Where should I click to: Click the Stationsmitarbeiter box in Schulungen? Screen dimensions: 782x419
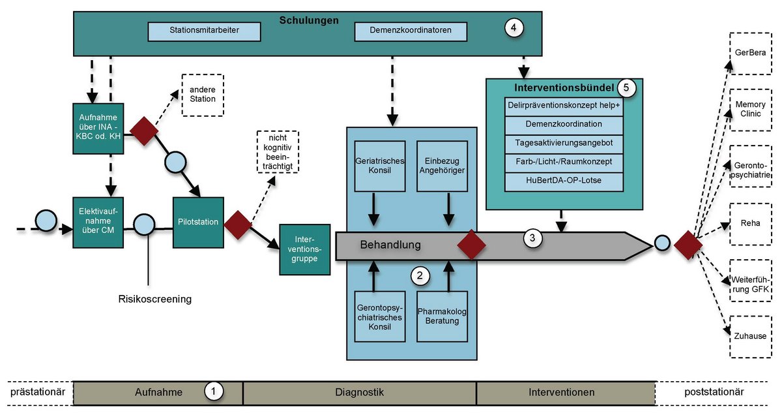204,31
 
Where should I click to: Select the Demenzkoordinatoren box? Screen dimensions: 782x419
411,31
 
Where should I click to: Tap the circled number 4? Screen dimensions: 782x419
514,27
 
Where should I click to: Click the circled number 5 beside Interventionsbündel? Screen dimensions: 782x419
626,88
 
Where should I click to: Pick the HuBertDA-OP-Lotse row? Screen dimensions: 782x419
564,181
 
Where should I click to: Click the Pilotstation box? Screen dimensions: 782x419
198,223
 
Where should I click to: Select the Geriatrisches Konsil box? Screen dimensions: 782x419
380,166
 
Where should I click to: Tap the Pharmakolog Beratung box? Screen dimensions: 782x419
442,317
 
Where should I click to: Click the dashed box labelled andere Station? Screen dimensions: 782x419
203,95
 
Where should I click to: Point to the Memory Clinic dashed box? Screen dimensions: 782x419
750,110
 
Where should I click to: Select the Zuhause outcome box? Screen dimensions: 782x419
750,337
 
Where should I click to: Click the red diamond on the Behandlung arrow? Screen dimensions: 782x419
471,245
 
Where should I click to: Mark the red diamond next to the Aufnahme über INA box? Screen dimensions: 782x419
144,131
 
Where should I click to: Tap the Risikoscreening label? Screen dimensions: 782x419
155,299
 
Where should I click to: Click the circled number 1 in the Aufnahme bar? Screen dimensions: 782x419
213,392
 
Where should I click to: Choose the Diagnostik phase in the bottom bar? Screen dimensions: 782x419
359,393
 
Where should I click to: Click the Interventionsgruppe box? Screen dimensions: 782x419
305,249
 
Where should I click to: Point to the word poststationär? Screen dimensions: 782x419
714,392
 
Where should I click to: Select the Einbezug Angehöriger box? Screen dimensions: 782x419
442,166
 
